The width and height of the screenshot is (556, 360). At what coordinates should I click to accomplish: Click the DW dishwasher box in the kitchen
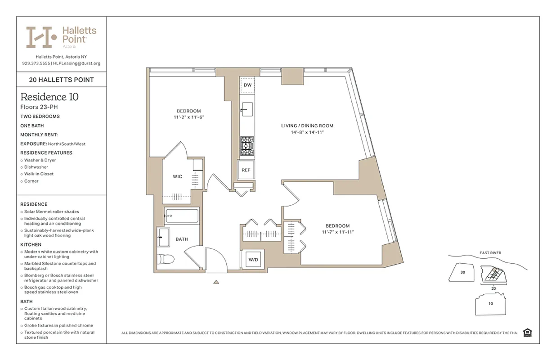click(x=247, y=85)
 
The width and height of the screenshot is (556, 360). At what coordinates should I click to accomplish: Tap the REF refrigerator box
click(x=246, y=170)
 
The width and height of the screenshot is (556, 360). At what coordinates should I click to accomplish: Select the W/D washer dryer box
click(x=253, y=260)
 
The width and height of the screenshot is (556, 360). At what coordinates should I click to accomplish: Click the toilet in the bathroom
click(x=166, y=260)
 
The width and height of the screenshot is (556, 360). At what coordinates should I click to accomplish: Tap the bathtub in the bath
click(x=181, y=216)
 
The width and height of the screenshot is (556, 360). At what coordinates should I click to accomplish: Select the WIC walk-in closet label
click(x=177, y=176)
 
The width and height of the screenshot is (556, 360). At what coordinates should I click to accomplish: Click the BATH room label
click(x=182, y=239)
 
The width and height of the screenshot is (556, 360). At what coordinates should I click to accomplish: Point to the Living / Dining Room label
click(x=307, y=126)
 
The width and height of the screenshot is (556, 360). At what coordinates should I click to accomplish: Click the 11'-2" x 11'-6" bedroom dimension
click(x=188, y=117)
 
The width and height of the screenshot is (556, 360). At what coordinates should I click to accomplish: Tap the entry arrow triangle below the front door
click(x=216, y=282)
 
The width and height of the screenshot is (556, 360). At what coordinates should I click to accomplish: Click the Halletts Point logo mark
click(x=41, y=37)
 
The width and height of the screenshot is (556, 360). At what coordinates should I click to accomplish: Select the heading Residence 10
click(x=49, y=97)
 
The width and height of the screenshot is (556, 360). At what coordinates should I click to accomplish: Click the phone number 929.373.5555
click(x=36, y=63)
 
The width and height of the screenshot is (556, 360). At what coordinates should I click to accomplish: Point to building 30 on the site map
click(x=462, y=272)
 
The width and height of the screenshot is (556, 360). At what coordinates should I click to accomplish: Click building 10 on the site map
click(x=491, y=304)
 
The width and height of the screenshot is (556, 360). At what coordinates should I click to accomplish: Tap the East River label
click(x=490, y=253)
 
